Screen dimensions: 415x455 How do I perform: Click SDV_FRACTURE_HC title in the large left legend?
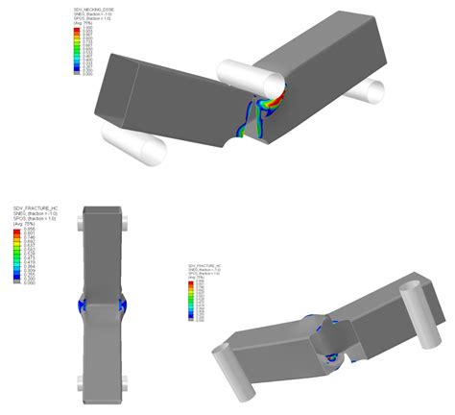pos(35,207)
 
